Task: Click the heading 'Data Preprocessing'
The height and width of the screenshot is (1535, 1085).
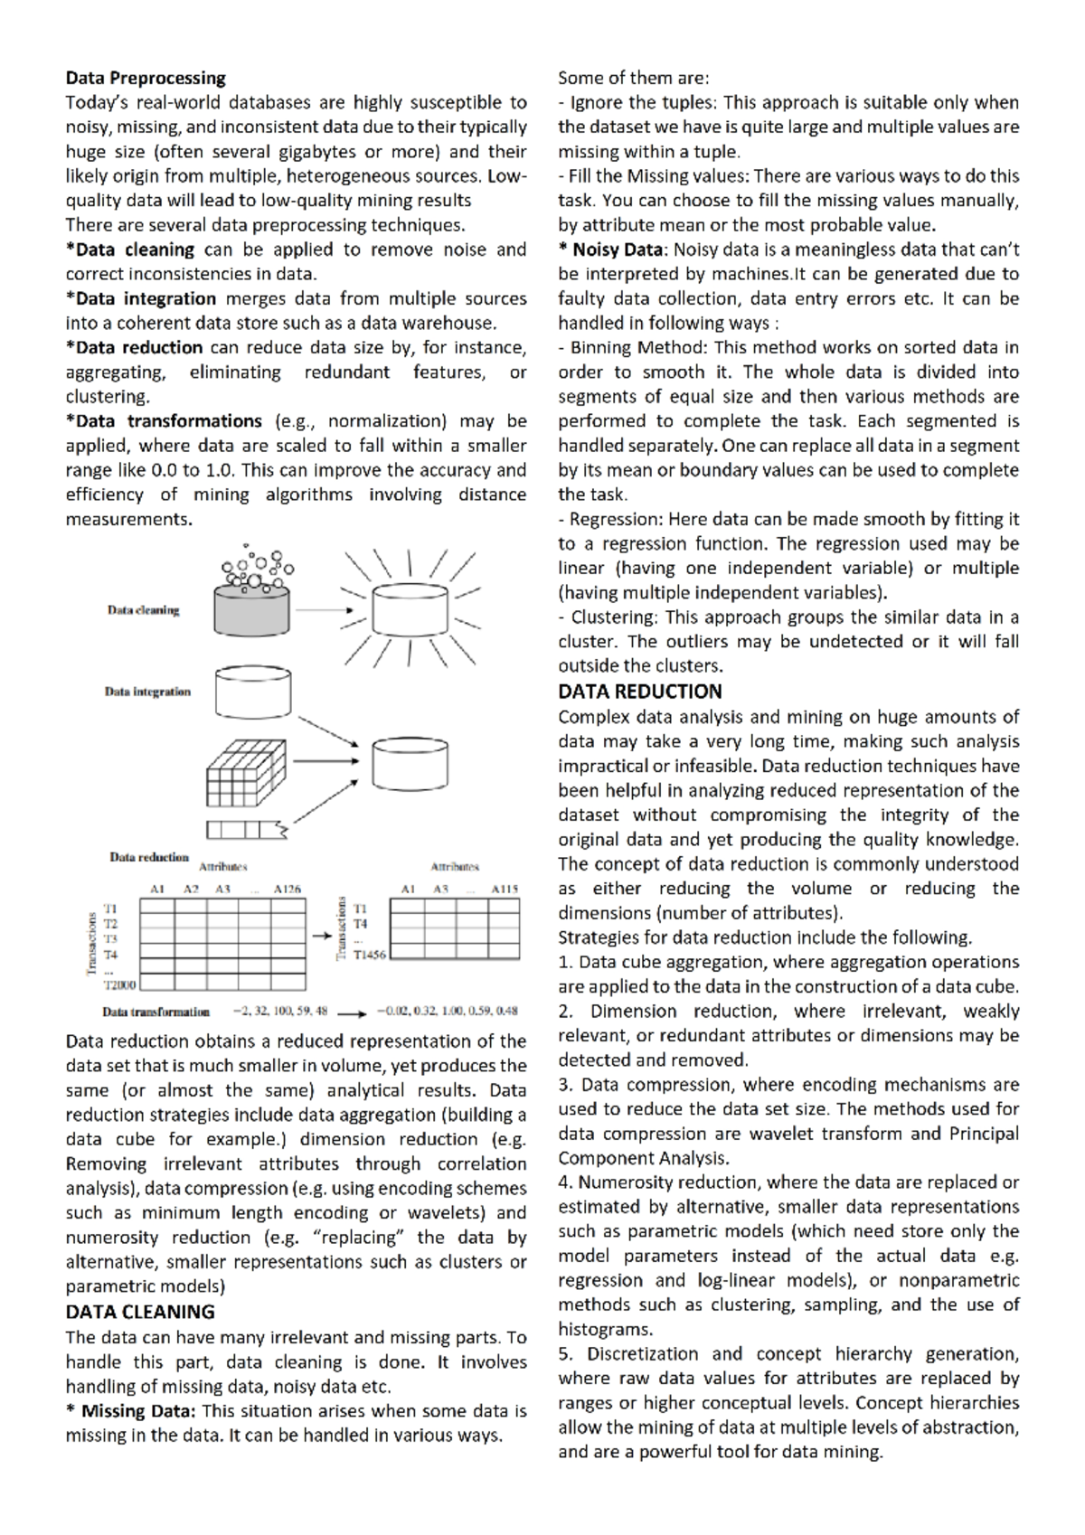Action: [x=146, y=78]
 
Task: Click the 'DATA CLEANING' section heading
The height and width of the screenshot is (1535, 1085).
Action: [x=140, y=1312]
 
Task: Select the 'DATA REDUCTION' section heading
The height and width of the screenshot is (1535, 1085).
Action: [x=639, y=692]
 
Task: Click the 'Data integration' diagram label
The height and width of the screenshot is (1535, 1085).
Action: [x=147, y=692]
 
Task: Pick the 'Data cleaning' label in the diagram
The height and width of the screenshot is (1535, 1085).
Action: [x=144, y=610]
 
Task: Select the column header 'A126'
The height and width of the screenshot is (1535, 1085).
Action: [x=287, y=890]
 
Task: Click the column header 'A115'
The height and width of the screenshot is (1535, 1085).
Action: [x=505, y=890]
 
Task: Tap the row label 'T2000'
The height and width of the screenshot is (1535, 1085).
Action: [x=119, y=984]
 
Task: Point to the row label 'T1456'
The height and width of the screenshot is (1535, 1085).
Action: [x=369, y=954]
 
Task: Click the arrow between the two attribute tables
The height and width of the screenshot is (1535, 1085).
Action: [x=321, y=937]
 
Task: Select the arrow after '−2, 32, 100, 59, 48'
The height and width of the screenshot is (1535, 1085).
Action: [x=352, y=1012]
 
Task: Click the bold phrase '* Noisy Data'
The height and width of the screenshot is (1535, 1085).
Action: [x=610, y=250]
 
